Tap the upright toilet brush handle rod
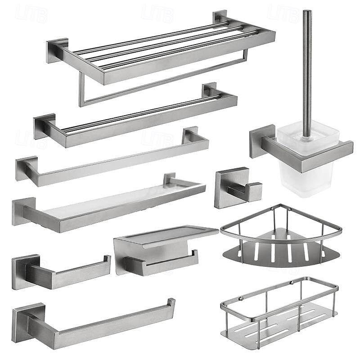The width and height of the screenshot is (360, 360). pos(306,67)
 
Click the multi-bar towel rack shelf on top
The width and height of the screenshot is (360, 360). pos(162,54)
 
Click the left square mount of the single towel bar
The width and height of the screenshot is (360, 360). pos(26,168)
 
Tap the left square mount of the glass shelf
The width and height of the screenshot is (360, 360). pos(23,211)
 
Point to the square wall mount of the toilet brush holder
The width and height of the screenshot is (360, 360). pos(261,140)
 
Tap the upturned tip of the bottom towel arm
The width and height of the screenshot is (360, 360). pos(171,302)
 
